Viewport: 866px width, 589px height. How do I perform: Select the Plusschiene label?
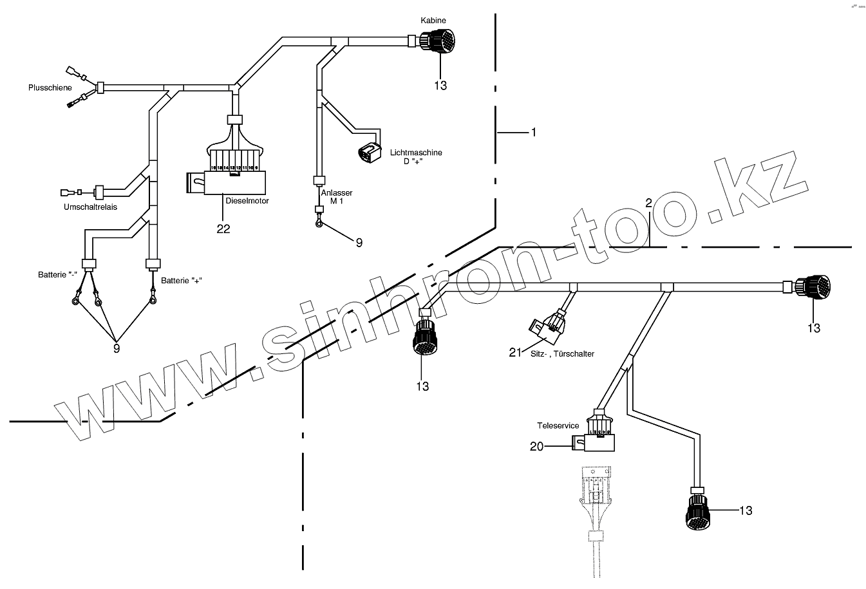(50, 87)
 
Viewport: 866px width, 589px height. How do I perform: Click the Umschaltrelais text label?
(90, 207)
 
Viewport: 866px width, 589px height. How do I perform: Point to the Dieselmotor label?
(247, 201)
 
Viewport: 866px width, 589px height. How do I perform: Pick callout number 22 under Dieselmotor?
(223, 229)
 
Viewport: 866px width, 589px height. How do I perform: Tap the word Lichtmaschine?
(416, 153)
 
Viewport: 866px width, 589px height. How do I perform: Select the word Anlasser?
(336, 192)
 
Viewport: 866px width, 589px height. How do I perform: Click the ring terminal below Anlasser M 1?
(318, 223)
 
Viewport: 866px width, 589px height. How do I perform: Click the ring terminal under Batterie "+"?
(153, 299)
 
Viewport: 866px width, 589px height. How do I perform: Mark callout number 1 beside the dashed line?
(533, 132)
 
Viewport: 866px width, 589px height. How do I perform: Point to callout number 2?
(649, 203)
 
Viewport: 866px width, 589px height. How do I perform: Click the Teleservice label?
(558, 425)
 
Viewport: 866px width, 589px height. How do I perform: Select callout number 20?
(537, 445)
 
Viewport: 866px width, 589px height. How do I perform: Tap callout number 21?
(514, 351)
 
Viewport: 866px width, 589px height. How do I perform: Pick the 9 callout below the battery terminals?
(117, 348)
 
